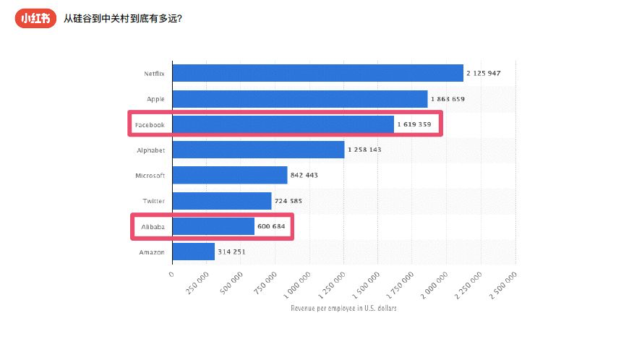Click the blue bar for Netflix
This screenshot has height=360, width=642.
(x=317, y=73)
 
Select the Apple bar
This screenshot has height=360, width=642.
(x=300, y=99)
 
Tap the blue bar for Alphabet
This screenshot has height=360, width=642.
(x=258, y=150)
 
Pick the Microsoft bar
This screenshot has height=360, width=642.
(x=230, y=175)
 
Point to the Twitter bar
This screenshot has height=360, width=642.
(x=222, y=201)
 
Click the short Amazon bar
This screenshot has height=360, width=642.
(x=194, y=252)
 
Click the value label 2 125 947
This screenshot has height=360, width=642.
(x=483, y=73)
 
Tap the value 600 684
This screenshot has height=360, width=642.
(x=271, y=226)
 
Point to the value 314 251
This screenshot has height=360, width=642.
(x=231, y=252)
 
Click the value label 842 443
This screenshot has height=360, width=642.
(x=304, y=175)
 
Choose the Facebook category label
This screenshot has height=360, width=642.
(x=150, y=124)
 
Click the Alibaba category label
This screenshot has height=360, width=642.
(x=153, y=226)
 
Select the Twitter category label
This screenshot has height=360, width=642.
(x=153, y=201)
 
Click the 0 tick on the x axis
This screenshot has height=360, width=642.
(x=171, y=275)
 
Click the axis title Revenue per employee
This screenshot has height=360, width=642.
(x=343, y=308)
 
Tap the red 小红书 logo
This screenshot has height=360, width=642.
(x=35, y=19)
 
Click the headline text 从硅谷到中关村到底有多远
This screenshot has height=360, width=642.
(x=122, y=19)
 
